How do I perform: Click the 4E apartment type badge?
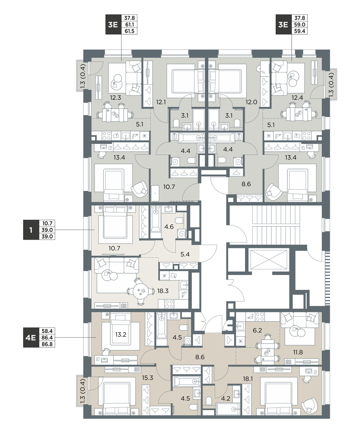(31, 338)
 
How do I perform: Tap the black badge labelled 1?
(31, 230)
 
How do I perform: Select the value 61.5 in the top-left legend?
(129, 31)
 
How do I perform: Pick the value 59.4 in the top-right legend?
(299, 31)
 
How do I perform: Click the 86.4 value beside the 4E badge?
(47, 338)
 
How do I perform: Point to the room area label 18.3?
(163, 291)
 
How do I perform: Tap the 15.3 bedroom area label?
(147, 378)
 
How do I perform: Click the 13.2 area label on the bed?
(121, 334)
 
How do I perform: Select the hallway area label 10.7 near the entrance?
(169, 187)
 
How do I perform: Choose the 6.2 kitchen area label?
(257, 330)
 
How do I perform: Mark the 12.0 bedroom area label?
(252, 102)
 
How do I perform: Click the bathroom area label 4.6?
(169, 227)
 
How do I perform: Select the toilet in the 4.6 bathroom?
(179, 220)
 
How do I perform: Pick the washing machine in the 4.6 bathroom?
(182, 234)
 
